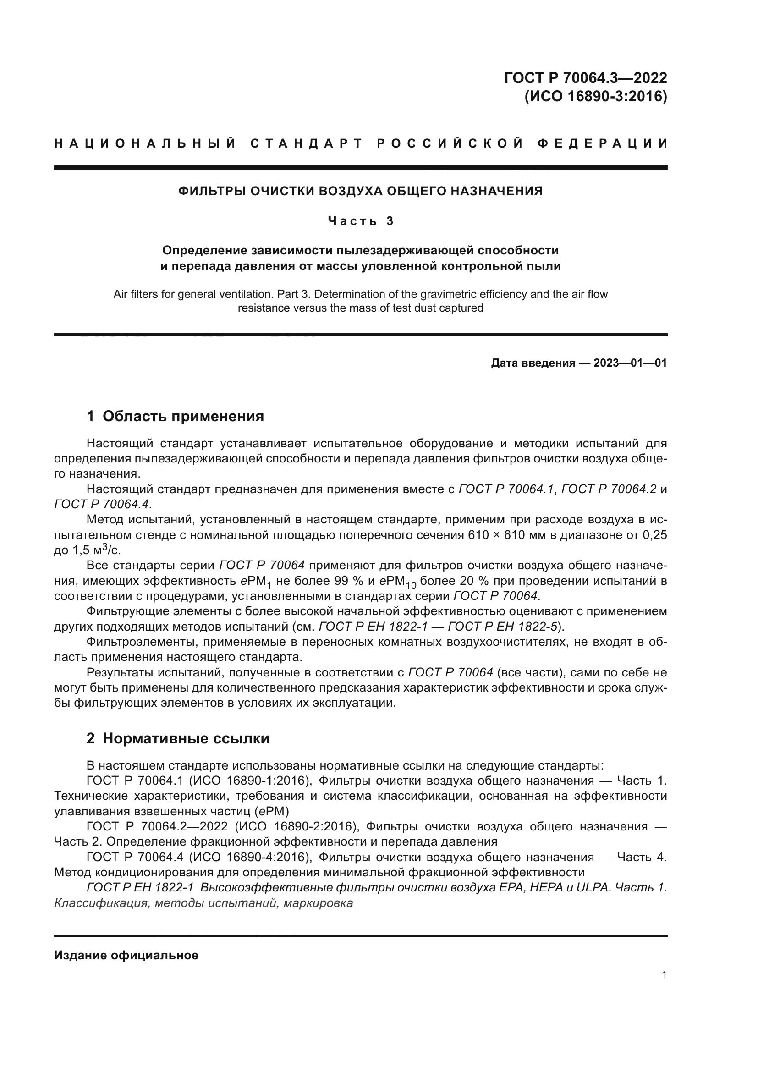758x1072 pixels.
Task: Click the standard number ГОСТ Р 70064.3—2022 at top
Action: tap(585, 77)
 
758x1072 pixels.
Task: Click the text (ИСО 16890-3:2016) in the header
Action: tap(596, 96)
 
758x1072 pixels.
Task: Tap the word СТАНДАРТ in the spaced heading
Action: tap(307, 143)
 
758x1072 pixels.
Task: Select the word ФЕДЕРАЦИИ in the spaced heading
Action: tap(603, 143)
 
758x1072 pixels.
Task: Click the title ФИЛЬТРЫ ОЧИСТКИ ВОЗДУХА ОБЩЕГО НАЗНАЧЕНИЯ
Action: tap(360, 191)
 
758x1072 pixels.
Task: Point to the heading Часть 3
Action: tap(360, 221)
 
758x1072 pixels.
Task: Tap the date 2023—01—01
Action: tap(630, 363)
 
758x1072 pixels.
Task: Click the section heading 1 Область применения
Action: tap(175, 416)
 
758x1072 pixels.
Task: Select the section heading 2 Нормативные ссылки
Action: tap(178, 738)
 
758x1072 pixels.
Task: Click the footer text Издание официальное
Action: tap(126, 955)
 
